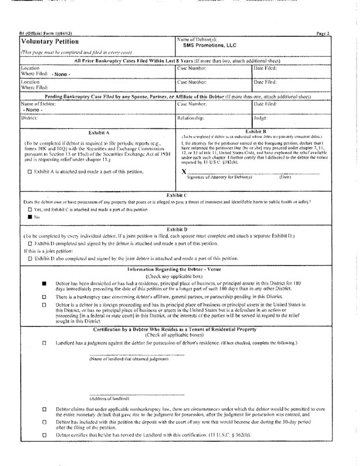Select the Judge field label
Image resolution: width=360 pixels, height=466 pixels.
click(x=260, y=118)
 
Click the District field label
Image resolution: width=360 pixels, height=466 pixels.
click(x=29, y=118)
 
